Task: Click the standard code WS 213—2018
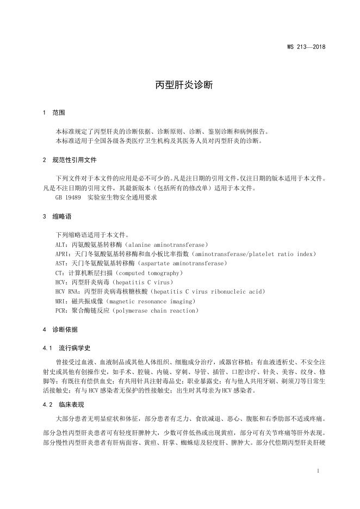pos(306,47)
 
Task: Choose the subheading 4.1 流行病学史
pos(66,347)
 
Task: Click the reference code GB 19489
pos(67,198)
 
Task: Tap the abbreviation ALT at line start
pos(61,245)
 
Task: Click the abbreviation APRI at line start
pos(63,254)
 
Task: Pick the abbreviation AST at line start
pos(61,264)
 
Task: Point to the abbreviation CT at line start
pos(59,273)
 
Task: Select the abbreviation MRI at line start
pos(61,301)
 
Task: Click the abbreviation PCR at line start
pos(61,311)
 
